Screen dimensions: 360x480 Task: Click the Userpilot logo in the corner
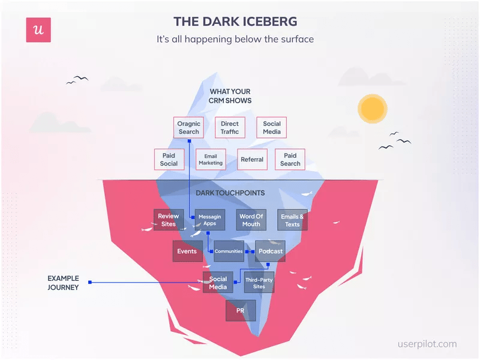38,30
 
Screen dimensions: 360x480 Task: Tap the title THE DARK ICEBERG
235,22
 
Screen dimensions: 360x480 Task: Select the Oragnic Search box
188,128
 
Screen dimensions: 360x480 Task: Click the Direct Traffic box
229,128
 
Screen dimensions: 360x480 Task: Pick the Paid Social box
169,160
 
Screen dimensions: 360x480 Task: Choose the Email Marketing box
211,160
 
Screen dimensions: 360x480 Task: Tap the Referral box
252,160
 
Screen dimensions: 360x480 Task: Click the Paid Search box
290,160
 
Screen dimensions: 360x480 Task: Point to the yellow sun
372,108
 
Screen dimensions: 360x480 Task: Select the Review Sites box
169,220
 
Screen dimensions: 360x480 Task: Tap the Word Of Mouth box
251,220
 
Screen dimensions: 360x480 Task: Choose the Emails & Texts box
292,220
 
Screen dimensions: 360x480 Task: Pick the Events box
187,251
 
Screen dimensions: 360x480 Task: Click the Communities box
229,251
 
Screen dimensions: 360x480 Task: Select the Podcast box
270,251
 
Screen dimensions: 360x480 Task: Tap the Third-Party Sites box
259,283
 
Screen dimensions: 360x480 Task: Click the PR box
241,311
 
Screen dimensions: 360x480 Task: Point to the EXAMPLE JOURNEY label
63,283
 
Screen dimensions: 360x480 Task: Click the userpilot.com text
427,344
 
